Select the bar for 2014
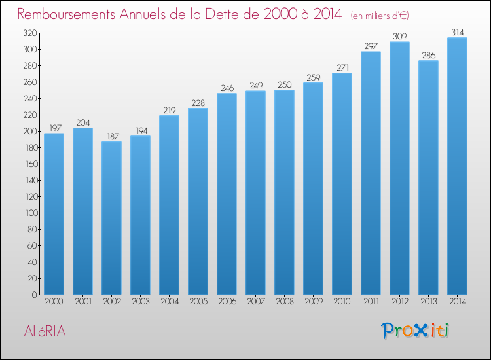coord(457,166)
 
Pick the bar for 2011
coord(371,173)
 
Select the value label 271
coord(342,67)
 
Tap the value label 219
coord(169,110)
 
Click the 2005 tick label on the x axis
coord(198,302)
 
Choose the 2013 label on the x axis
coord(428,302)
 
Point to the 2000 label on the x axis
coord(54,302)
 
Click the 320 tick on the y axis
coord(29,33)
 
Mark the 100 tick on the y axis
coord(29,213)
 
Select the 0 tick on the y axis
coord(33,295)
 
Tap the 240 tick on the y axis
coord(29,99)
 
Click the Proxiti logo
coord(414,331)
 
